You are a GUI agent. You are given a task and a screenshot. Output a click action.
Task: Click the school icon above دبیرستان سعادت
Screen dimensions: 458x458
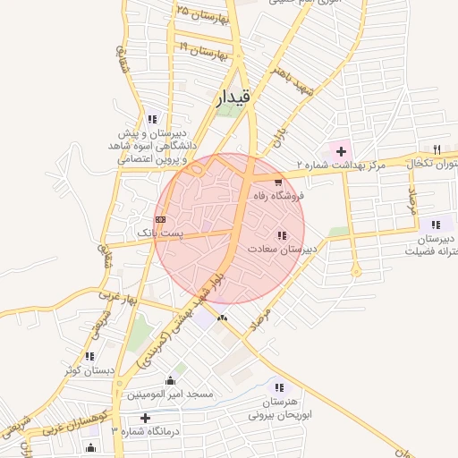(x=281, y=236)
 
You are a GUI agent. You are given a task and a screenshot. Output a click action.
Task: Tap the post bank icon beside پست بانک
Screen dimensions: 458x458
(x=160, y=218)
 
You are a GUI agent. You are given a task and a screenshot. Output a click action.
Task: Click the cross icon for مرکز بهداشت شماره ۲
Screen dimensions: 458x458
(x=341, y=150)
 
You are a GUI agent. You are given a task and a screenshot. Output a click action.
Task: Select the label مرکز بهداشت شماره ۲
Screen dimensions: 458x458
(x=341, y=165)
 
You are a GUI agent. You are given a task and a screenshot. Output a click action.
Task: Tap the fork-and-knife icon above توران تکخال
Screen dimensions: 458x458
(x=437, y=149)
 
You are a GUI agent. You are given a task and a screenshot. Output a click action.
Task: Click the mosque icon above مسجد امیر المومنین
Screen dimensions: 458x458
(x=171, y=380)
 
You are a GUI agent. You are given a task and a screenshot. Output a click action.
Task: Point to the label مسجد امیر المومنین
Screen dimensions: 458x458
(x=168, y=394)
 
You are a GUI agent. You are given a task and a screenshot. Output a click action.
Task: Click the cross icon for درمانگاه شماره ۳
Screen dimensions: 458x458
(x=145, y=418)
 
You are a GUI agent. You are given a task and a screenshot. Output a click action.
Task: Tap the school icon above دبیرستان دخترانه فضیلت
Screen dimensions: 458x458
(x=436, y=225)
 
